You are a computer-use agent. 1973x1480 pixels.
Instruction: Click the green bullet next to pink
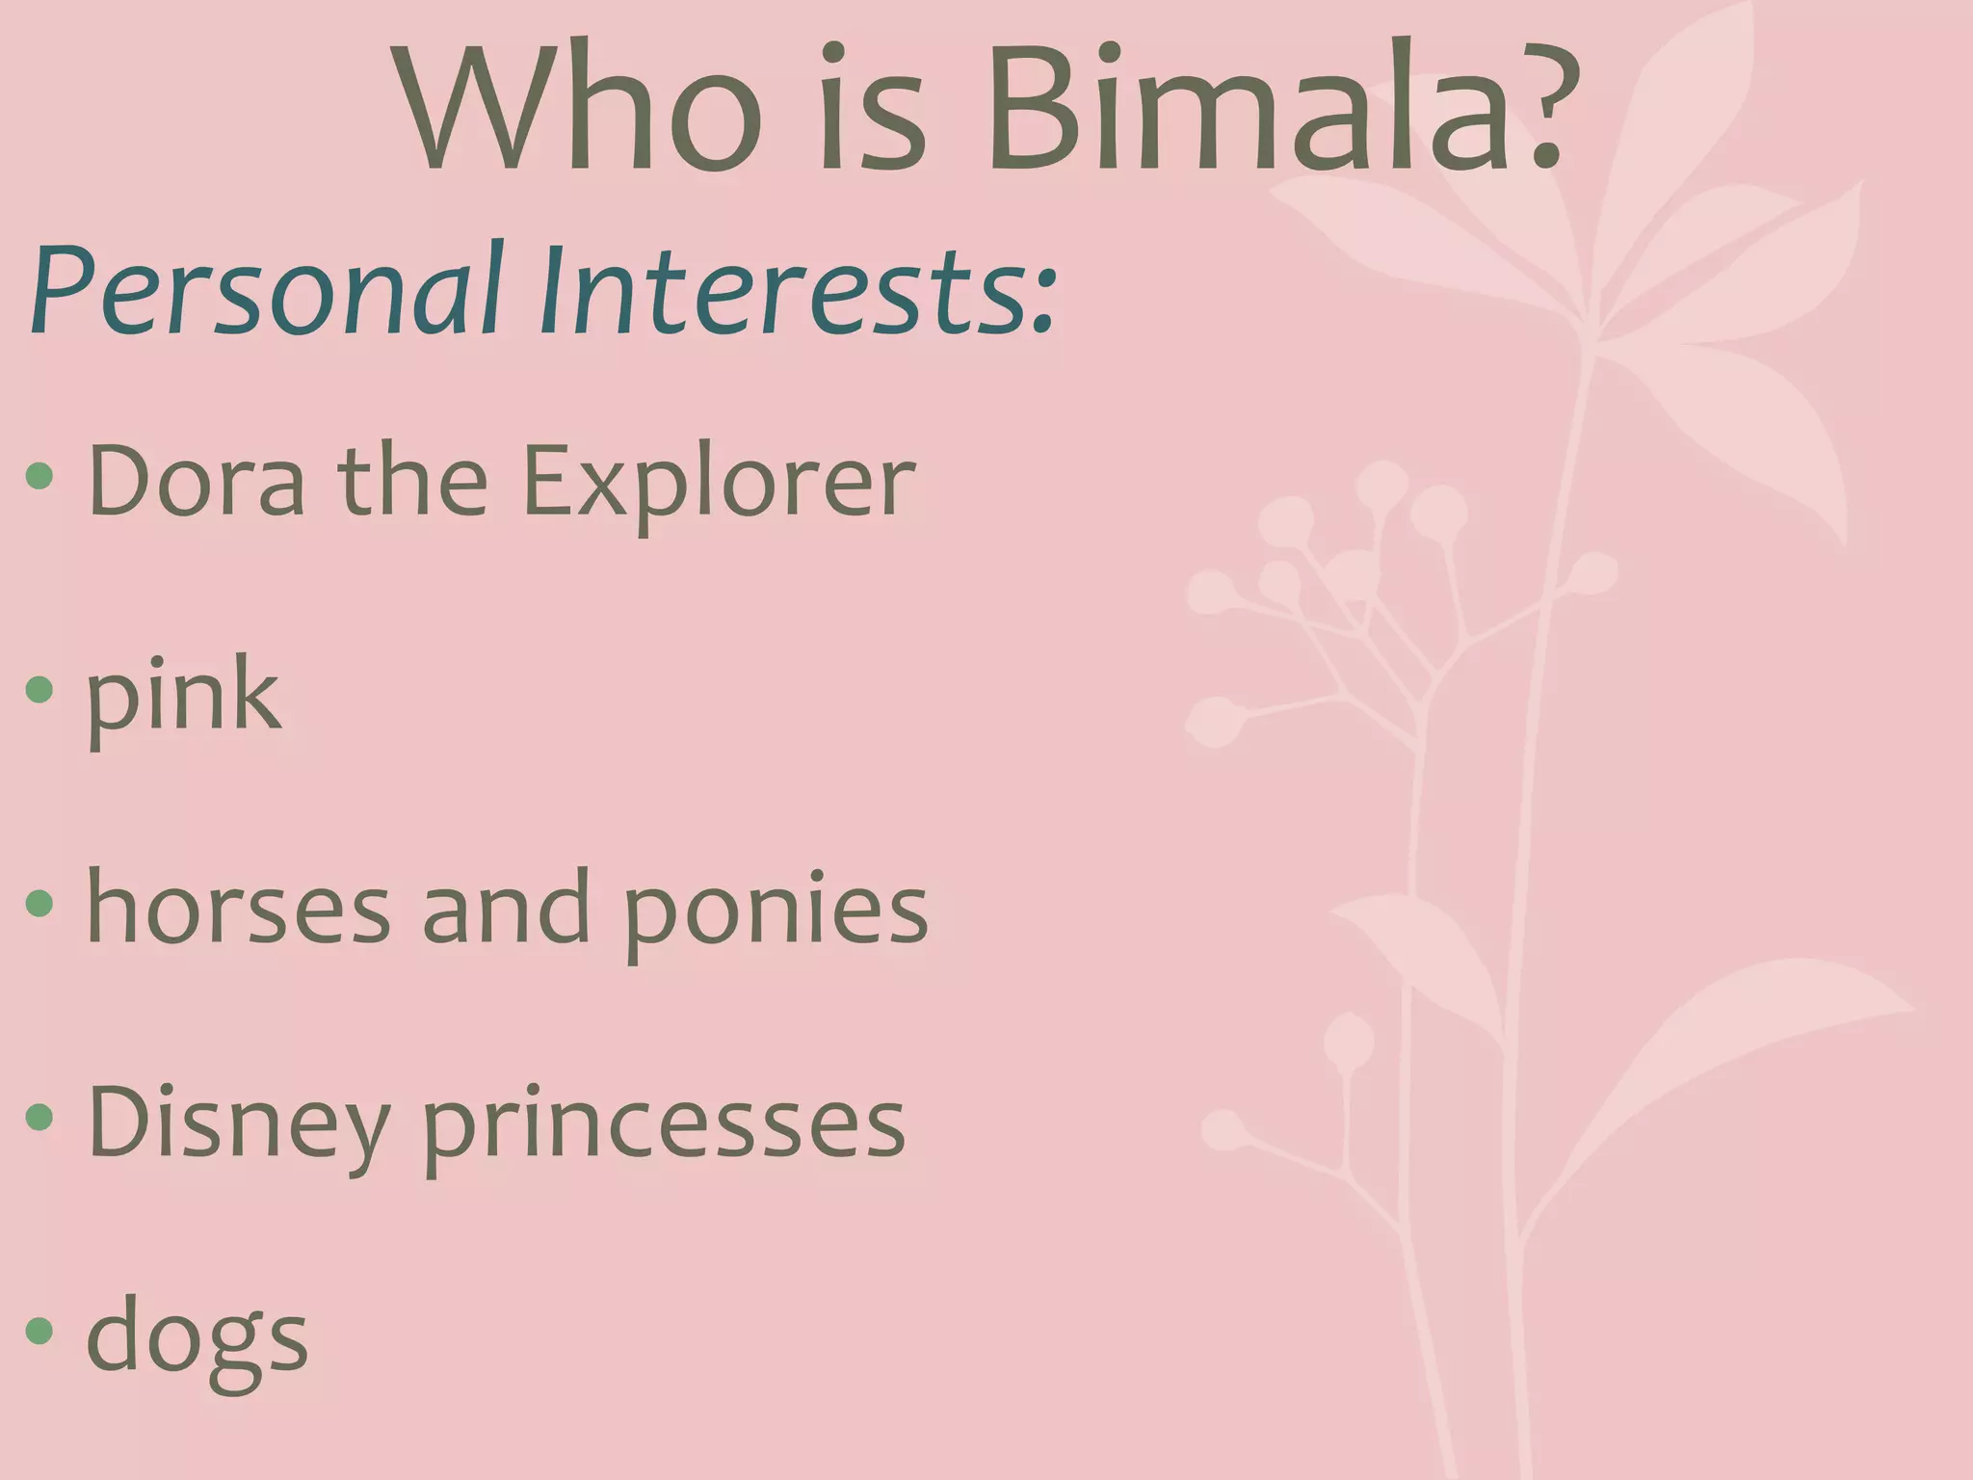39,689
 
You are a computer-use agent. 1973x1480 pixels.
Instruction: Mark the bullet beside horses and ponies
39,904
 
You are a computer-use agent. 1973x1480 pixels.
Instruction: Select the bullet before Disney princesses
39,1118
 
